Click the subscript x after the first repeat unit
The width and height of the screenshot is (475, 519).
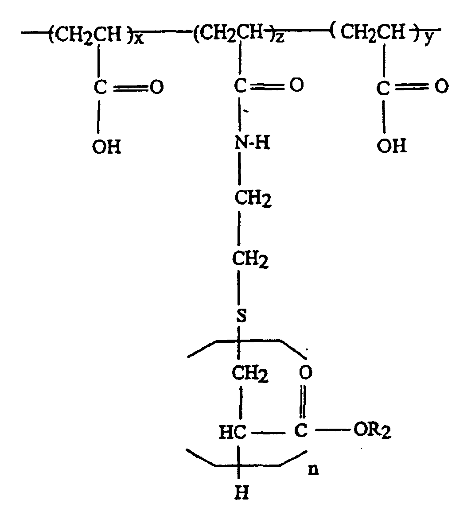(139, 39)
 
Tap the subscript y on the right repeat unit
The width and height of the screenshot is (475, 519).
(429, 39)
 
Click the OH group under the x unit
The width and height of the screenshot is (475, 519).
(107, 147)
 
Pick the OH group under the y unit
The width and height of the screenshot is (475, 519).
(392, 146)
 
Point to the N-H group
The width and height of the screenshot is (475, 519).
(253, 143)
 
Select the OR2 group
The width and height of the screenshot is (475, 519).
(372, 431)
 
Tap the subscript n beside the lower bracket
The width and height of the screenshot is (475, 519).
(313, 470)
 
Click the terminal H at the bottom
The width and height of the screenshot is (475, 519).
(241, 493)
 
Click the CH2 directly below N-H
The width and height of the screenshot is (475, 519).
(253, 199)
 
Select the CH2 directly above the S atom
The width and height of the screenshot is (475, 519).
(250, 259)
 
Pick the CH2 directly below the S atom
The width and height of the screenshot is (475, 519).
(250, 374)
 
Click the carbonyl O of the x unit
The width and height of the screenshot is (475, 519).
(156, 87)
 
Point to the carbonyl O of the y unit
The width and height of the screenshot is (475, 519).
(441, 86)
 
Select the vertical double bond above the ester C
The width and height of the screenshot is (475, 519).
(303, 402)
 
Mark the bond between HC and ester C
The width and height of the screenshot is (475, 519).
(268, 432)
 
